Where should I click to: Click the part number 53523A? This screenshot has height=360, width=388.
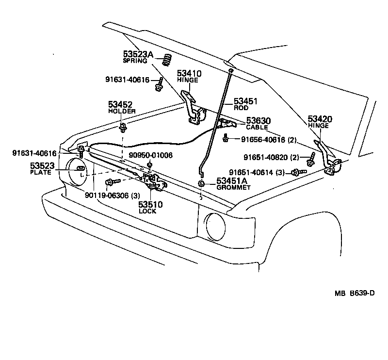tap(137, 55)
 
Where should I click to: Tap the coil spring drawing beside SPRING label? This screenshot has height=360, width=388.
tap(167, 60)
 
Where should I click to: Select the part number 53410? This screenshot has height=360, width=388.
tap(189, 73)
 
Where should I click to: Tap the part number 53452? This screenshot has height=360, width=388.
tap(120, 104)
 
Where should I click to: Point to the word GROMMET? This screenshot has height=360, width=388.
tap(233, 187)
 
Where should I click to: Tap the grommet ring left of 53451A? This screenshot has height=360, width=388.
tap(201, 184)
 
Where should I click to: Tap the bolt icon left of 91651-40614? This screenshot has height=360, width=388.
tap(297, 172)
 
